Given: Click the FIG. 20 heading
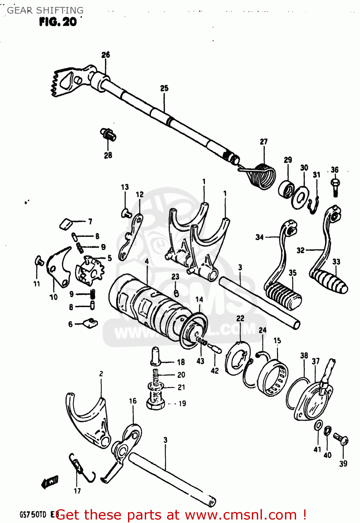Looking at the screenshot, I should point(58,22).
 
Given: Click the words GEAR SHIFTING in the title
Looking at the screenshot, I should point(45,10).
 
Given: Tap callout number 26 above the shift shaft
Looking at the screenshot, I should point(106,55).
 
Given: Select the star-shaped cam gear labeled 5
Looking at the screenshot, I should point(90,272).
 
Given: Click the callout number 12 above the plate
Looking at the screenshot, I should point(140,194).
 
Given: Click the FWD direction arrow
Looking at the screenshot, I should point(50,482).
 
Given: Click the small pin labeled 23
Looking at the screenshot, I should point(176,293).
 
